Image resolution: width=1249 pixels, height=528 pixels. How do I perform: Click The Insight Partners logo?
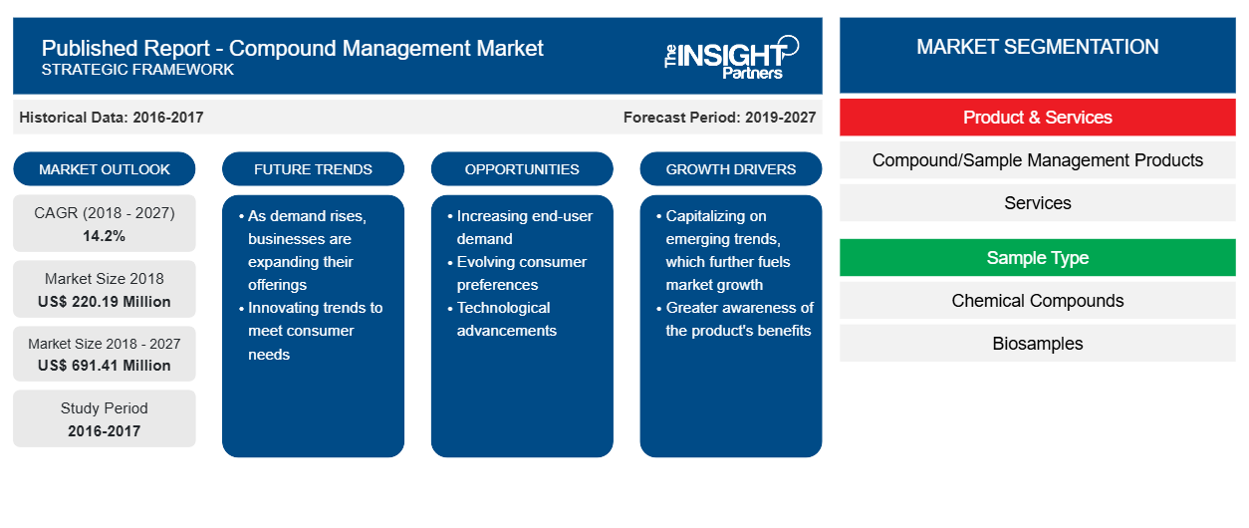click(x=731, y=58)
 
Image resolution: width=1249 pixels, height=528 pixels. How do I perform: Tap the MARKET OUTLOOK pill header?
click(x=105, y=169)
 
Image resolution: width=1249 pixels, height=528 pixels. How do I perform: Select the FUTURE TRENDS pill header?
click(x=313, y=169)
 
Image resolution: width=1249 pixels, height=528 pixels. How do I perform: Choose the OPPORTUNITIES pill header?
click(x=522, y=169)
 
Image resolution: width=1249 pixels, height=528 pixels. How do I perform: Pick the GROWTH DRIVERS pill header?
click(x=731, y=169)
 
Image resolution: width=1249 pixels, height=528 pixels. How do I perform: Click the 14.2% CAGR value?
click(x=105, y=236)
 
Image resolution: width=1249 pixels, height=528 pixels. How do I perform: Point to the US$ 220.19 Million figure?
click(x=105, y=302)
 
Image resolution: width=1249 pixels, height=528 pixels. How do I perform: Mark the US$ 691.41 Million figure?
click(x=105, y=366)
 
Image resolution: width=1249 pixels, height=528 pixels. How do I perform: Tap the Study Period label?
click(x=105, y=408)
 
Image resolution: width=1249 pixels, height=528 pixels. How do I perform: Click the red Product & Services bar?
click(x=1038, y=118)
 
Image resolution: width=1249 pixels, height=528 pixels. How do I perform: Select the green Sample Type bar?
click(x=1038, y=258)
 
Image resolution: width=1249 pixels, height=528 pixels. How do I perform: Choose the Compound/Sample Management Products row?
click(x=1038, y=160)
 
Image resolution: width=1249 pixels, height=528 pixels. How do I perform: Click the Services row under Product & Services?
click(x=1038, y=203)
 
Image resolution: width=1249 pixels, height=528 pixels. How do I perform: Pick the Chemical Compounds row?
click(x=1038, y=301)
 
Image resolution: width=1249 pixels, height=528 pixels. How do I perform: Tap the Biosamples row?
click(x=1038, y=344)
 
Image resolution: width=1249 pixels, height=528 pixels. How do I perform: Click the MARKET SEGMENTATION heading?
click(x=1038, y=47)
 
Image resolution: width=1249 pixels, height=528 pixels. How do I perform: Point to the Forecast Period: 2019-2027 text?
click(x=719, y=118)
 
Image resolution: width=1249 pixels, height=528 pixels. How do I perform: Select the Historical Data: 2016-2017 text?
click(x=112, y=118)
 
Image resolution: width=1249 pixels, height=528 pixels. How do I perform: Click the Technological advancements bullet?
click(x=502, y=319)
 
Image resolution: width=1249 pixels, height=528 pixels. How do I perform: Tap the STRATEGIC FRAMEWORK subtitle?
click(x=137, y=69)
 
